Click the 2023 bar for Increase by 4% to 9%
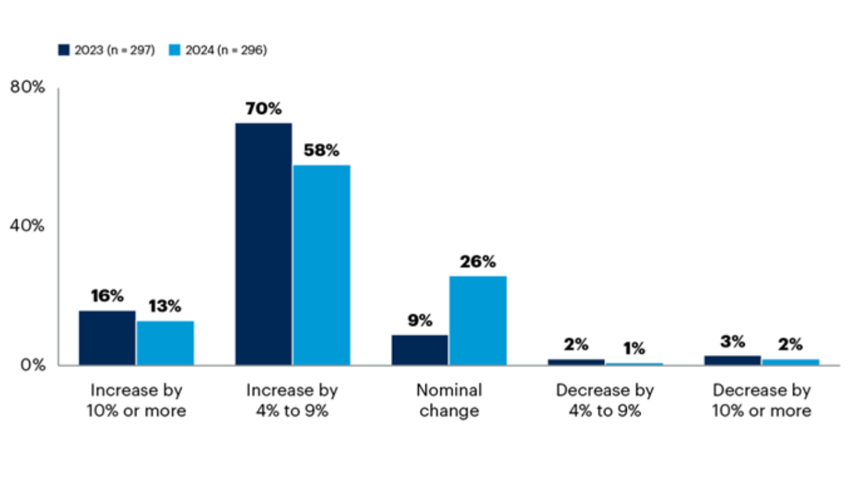(x=264, y=244)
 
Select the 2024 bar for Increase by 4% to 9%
(x=322, y=265)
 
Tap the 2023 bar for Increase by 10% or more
(x=107, y=338)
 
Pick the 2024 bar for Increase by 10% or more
(x=166, y=343)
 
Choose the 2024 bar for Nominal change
(x=478, y=321)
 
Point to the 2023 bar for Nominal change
(x=420, y=350)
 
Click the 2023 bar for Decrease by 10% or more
(x=733, y=360)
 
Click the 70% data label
(x=264, y=109)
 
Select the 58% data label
(x=321, y=150)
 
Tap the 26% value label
(x=478, y=262)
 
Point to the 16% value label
(x=107, y=296)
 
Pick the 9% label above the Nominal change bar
(x=420, y=321)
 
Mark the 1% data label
(x=634, y=348)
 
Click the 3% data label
(x=733, y=342)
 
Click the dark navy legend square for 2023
(x=64, y=50)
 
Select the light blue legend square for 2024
(x=174, y=50)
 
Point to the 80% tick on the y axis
(x=27, y=87)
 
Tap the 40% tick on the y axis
(x=27, y=226)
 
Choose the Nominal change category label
(x=449, y=401)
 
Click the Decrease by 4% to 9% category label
(x=605, y=401)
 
